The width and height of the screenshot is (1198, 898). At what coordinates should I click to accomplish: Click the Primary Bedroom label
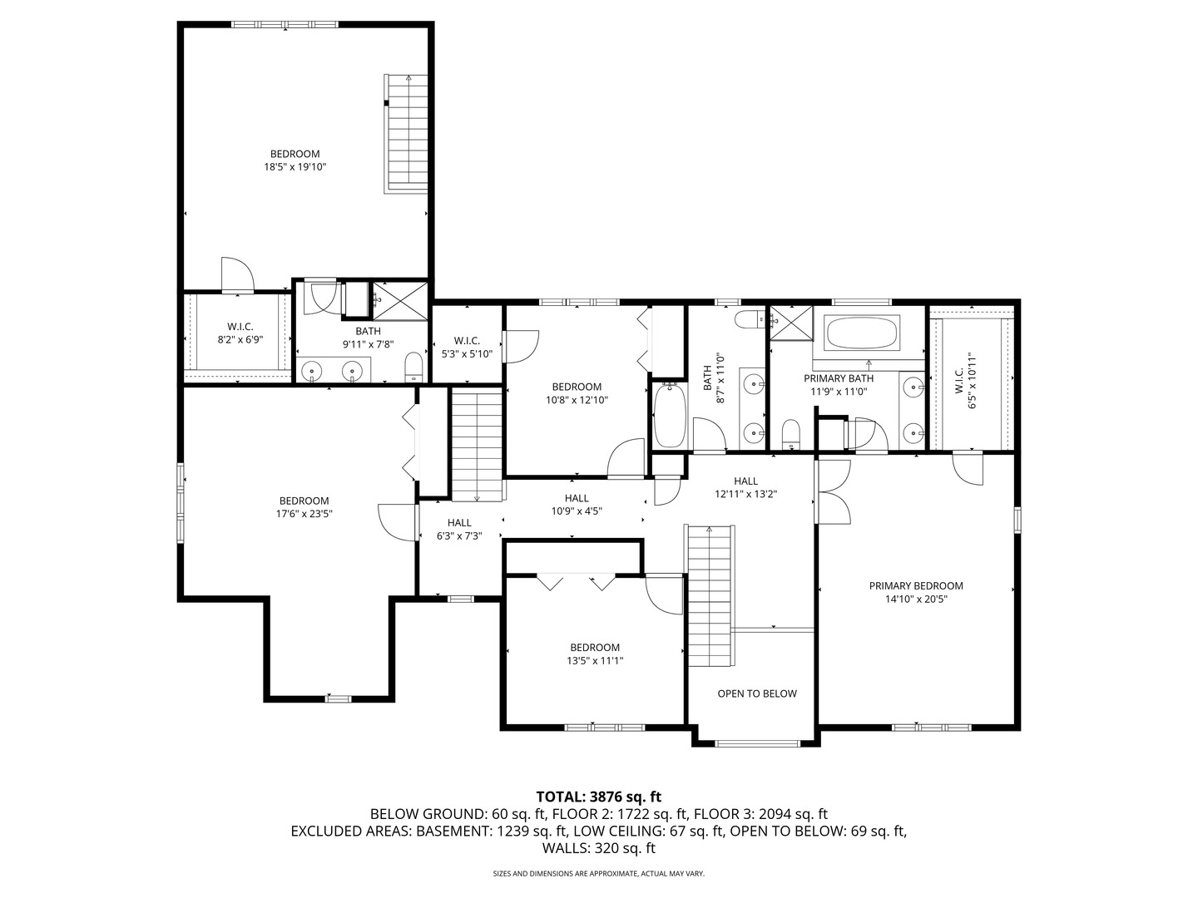coord(916,585)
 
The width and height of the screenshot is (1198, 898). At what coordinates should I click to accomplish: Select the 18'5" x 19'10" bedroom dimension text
coord(295,167)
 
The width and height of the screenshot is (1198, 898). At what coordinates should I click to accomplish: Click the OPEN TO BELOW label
coord(757,693)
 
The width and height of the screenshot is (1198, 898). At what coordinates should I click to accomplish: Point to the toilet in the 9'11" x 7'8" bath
coord(413,368)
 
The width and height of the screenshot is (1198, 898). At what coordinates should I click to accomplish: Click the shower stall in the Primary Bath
coord(791,323)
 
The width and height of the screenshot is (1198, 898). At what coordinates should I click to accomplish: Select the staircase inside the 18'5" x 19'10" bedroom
coord(406,133)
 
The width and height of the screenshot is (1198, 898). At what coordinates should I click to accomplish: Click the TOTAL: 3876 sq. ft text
coord(598,796)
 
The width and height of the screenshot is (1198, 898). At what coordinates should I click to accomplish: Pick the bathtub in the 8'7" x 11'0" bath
coord(669,415)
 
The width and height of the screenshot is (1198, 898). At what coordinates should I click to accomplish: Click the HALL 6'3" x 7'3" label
coord(459,530)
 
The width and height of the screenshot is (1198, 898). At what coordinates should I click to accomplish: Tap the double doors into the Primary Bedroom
coord(832,491)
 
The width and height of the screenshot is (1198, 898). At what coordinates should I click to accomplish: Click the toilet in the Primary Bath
coord(791,432)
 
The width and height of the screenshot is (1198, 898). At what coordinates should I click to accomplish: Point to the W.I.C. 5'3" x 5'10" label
coord(467,347)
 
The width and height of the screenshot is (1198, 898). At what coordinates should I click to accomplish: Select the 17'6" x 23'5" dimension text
coord(304,514)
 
